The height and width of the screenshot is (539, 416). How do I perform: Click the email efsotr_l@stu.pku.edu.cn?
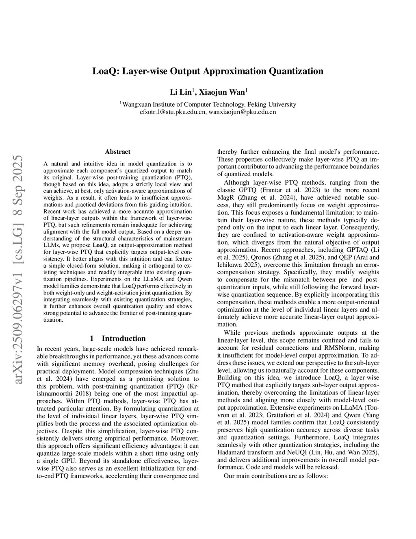coord(173,112)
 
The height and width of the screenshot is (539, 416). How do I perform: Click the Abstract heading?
coord(118,152)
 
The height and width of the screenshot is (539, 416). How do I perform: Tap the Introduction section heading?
coord(123,338)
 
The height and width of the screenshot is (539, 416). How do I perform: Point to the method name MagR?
coord(226,197)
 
